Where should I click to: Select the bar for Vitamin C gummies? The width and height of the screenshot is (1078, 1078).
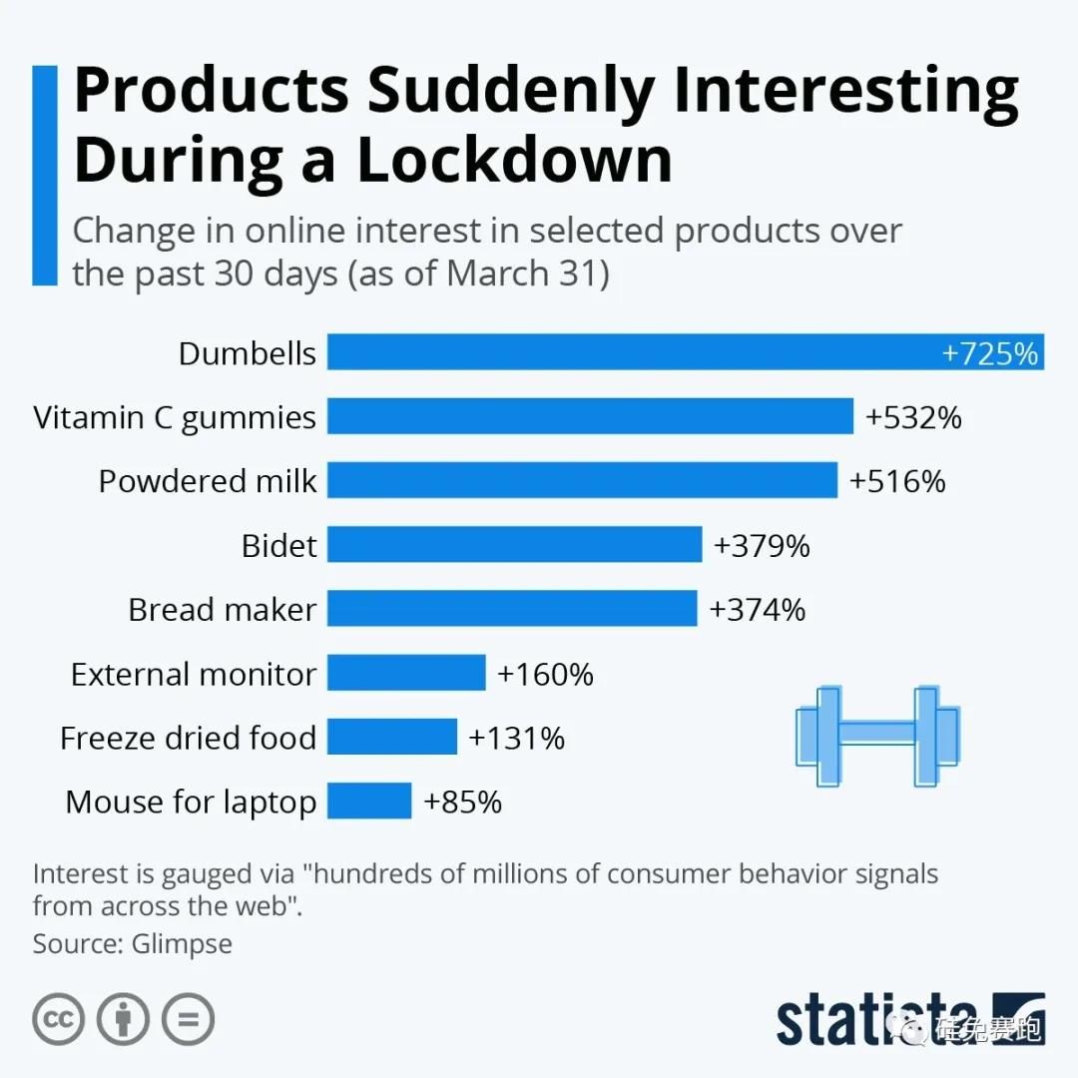pyautogui.click(x=590, y=416)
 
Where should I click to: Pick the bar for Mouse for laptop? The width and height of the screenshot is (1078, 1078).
pyautogui.click(x=369, y=801)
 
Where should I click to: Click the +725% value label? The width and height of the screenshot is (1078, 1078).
pyautogui.click(x=990, y=353)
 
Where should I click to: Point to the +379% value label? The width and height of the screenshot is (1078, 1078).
pyautogui.click(x=762, y=545)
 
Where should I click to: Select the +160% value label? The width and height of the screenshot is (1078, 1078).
pyautogui.click(x=545, y=674)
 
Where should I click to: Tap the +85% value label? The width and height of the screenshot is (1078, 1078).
pyautogui.click(x=462, y=802)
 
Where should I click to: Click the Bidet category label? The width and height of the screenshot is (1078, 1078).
pyautogui.click(x=278, y=545)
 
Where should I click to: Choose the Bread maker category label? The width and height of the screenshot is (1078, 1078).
pyautogui.click(x=222, y=609)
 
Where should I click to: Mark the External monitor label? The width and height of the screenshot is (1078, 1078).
pyautogui.click(x=193, y=674)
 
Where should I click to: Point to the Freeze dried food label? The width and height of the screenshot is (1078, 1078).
pyautogui.click(x=188, y=738)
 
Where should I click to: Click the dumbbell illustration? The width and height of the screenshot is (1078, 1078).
pyautogui.click(x=877, y=736)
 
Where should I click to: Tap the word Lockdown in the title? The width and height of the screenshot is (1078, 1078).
pyautogui.click(x=515, y=160)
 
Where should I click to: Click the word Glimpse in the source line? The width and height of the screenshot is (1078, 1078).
pyautogui.click(x=182, y=943)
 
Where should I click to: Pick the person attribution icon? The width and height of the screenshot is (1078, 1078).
pyautogui.click(x=124, y=1018)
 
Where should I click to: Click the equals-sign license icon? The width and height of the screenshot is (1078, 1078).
pyautogui.click(x=188, y=1018)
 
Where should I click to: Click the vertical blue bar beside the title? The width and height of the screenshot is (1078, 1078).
pyautogui.click(x=45, y=176)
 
